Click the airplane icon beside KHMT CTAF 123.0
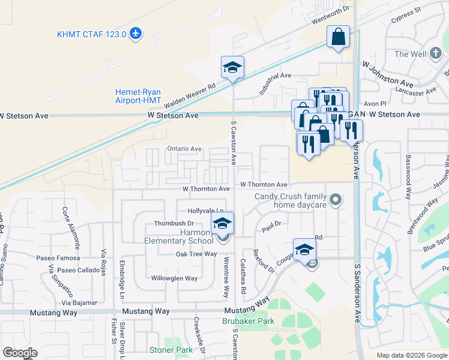[136, 34]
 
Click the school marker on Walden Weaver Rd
[232, 67]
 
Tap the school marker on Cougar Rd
[304, 250]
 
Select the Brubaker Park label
[248, 322]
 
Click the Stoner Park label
[171, 350]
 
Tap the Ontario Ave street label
[184, 148]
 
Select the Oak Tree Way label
[196, 254]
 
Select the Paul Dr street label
[272, 226]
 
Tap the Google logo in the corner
[20, 353]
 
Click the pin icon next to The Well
[438, 54]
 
